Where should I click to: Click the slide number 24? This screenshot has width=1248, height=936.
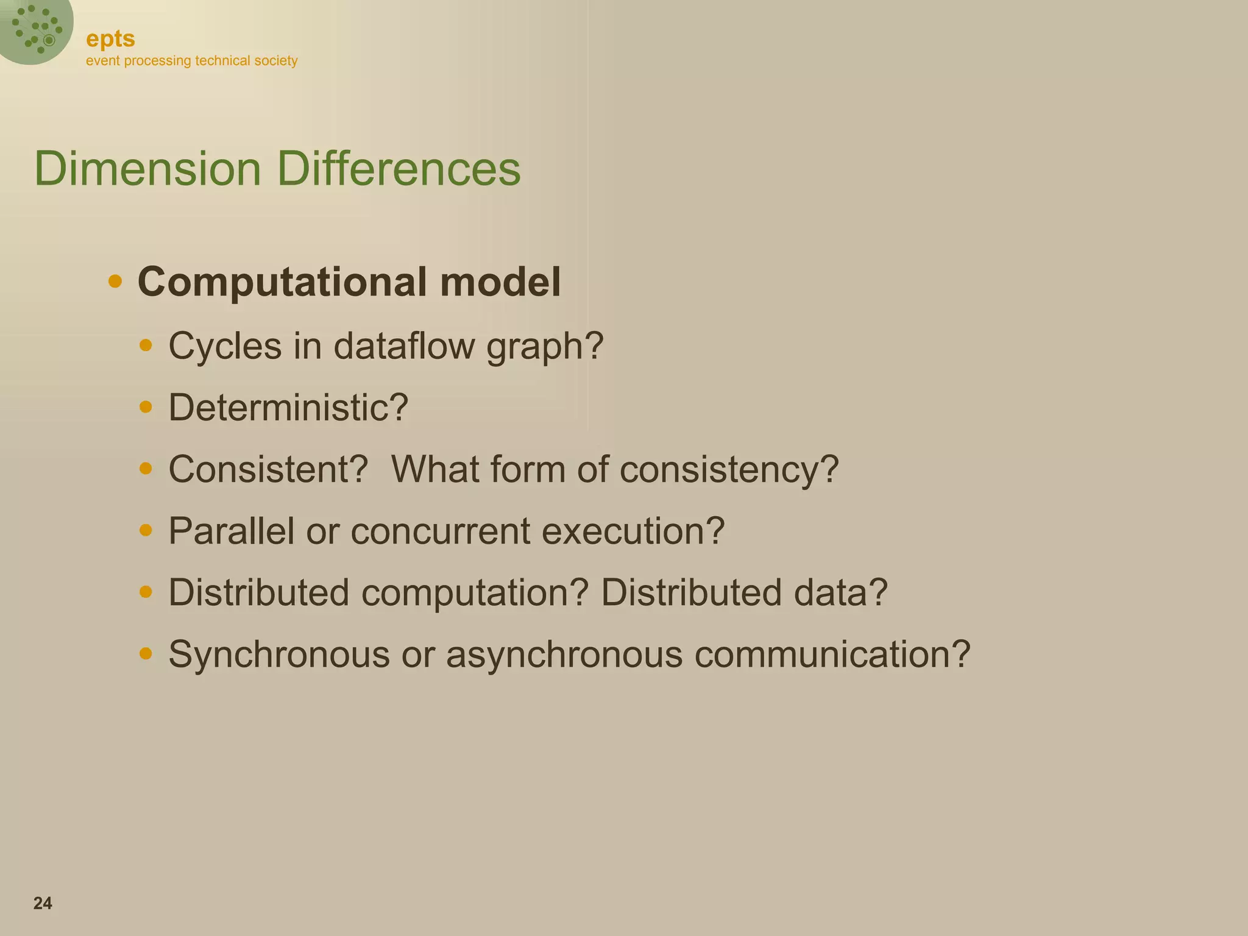coord(43,903)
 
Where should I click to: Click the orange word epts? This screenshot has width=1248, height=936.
coord(110,39)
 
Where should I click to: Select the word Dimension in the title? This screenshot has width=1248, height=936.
coord(147,169)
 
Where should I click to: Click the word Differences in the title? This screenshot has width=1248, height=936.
coord(399,169)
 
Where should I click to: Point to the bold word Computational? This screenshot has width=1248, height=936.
coord(283,282)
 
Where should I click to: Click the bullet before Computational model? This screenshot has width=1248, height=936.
coord(115,282)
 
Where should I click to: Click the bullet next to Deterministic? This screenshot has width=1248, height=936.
coord(146,406)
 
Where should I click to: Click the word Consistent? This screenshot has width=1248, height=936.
coord(268,469)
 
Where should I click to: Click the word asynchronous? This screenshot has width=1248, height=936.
coord(564,655)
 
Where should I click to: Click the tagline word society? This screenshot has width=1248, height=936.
coord(277,61)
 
